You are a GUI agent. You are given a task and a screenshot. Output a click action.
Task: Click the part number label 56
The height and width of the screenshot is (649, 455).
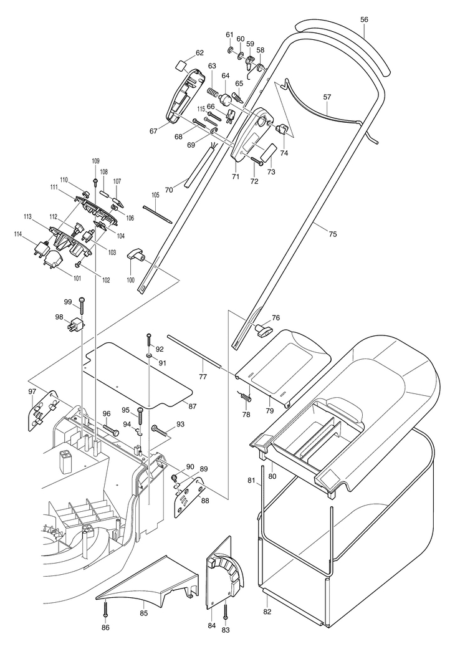click(x=364, y=19)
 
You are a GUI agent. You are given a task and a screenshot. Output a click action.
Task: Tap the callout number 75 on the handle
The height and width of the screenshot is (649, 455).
click(x=333, y=234)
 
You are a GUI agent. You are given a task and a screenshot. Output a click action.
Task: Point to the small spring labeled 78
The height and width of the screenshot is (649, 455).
click(x=246, y=396)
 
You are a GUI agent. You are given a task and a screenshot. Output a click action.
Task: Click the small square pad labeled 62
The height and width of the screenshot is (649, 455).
click(x=180, y=65)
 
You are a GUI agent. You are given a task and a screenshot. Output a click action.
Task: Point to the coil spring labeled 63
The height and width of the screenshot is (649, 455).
click(x=212, y=92)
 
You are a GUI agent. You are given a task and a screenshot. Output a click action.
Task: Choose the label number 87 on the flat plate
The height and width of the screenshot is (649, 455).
click(x=193, y=406)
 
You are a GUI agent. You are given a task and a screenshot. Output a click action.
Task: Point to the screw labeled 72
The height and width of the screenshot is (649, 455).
click(x=257, y=162)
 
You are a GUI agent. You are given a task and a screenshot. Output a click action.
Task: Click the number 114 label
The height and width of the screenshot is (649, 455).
click(x=29, y=235)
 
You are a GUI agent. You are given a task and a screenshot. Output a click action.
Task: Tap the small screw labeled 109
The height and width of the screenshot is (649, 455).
click(x=95, y=181)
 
